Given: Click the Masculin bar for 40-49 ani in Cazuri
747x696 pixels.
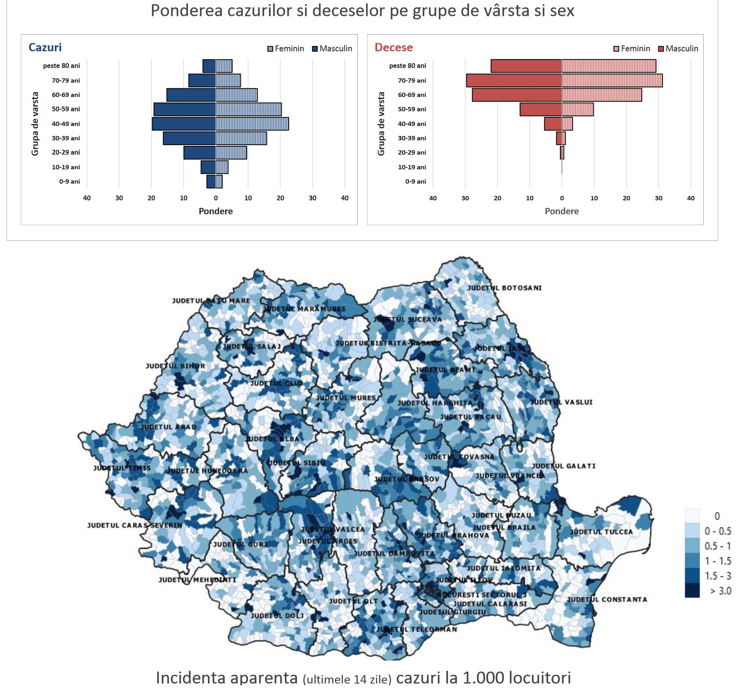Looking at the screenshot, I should [184, 124].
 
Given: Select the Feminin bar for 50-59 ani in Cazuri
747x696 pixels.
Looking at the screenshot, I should [249, 109].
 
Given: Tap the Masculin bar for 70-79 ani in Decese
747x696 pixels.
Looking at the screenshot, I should [514, 80].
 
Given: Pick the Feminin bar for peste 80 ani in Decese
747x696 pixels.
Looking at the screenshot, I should [609, 66].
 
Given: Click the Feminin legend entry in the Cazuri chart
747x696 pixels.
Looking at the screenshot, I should [286, 48].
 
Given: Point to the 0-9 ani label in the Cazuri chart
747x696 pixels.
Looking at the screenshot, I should [70, 182].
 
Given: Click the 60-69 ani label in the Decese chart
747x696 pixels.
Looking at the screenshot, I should [412, 95].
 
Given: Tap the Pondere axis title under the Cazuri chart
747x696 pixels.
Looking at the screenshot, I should [216, 211].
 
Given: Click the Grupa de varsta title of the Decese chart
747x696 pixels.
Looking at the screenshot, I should [381, 124].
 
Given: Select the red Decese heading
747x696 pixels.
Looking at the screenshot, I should [393, 47].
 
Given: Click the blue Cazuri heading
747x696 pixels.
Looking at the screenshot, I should [45, 47].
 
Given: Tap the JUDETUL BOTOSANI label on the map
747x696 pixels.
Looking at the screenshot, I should [504, 288].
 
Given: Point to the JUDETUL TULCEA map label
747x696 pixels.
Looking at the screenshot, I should [601, 532].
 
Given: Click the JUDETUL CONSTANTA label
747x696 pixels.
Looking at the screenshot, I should [607, 599].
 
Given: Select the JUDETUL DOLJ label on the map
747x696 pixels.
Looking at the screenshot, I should [277, 616].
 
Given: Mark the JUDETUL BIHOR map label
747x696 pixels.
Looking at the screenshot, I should [175, 366].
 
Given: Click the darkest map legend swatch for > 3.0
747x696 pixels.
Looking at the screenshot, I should [692, 591].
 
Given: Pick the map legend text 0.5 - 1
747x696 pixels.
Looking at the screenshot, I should [718, 546].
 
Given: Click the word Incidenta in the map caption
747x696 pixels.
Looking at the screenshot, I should [226, 678].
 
